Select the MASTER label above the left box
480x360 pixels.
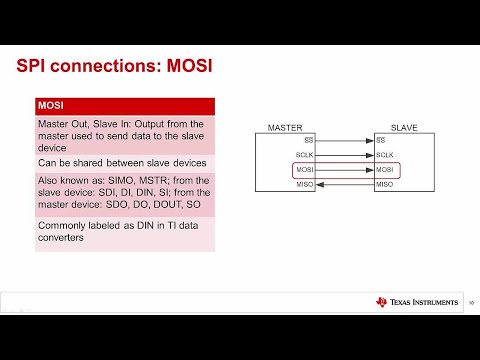pos(285,128)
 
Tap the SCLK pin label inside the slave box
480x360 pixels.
pos(384,155)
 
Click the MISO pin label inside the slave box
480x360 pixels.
pos(384,186)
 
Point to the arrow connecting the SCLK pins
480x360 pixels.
pos(344,155)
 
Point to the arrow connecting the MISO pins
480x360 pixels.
pos(344,186)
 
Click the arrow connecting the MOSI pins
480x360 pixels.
pos(344,171)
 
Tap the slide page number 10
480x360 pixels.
pos(470,303)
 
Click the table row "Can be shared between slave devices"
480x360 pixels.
pos(121,163)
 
